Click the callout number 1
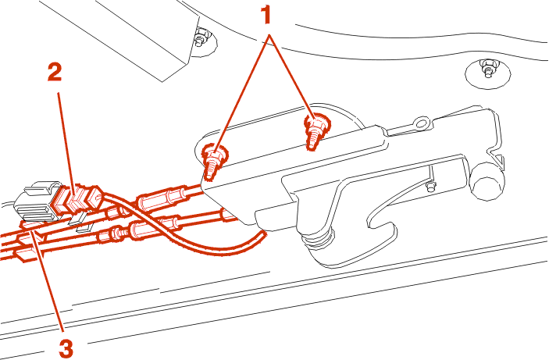point(267,16)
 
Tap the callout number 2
point(55,73)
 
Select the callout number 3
point(66,348)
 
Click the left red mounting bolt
point(214,162)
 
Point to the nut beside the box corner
point(201,36)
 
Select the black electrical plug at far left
point(37,202)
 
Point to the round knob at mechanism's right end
point(488,182)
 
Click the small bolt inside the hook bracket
point(430,187)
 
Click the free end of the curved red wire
point(262,233)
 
